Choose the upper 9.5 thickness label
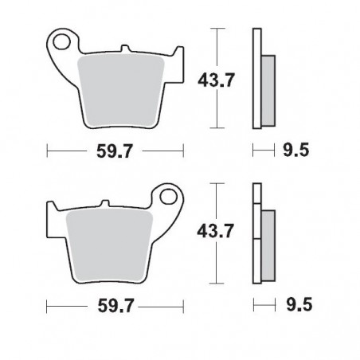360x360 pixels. coord(298,150)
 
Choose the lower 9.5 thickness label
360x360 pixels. coord(298,305)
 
